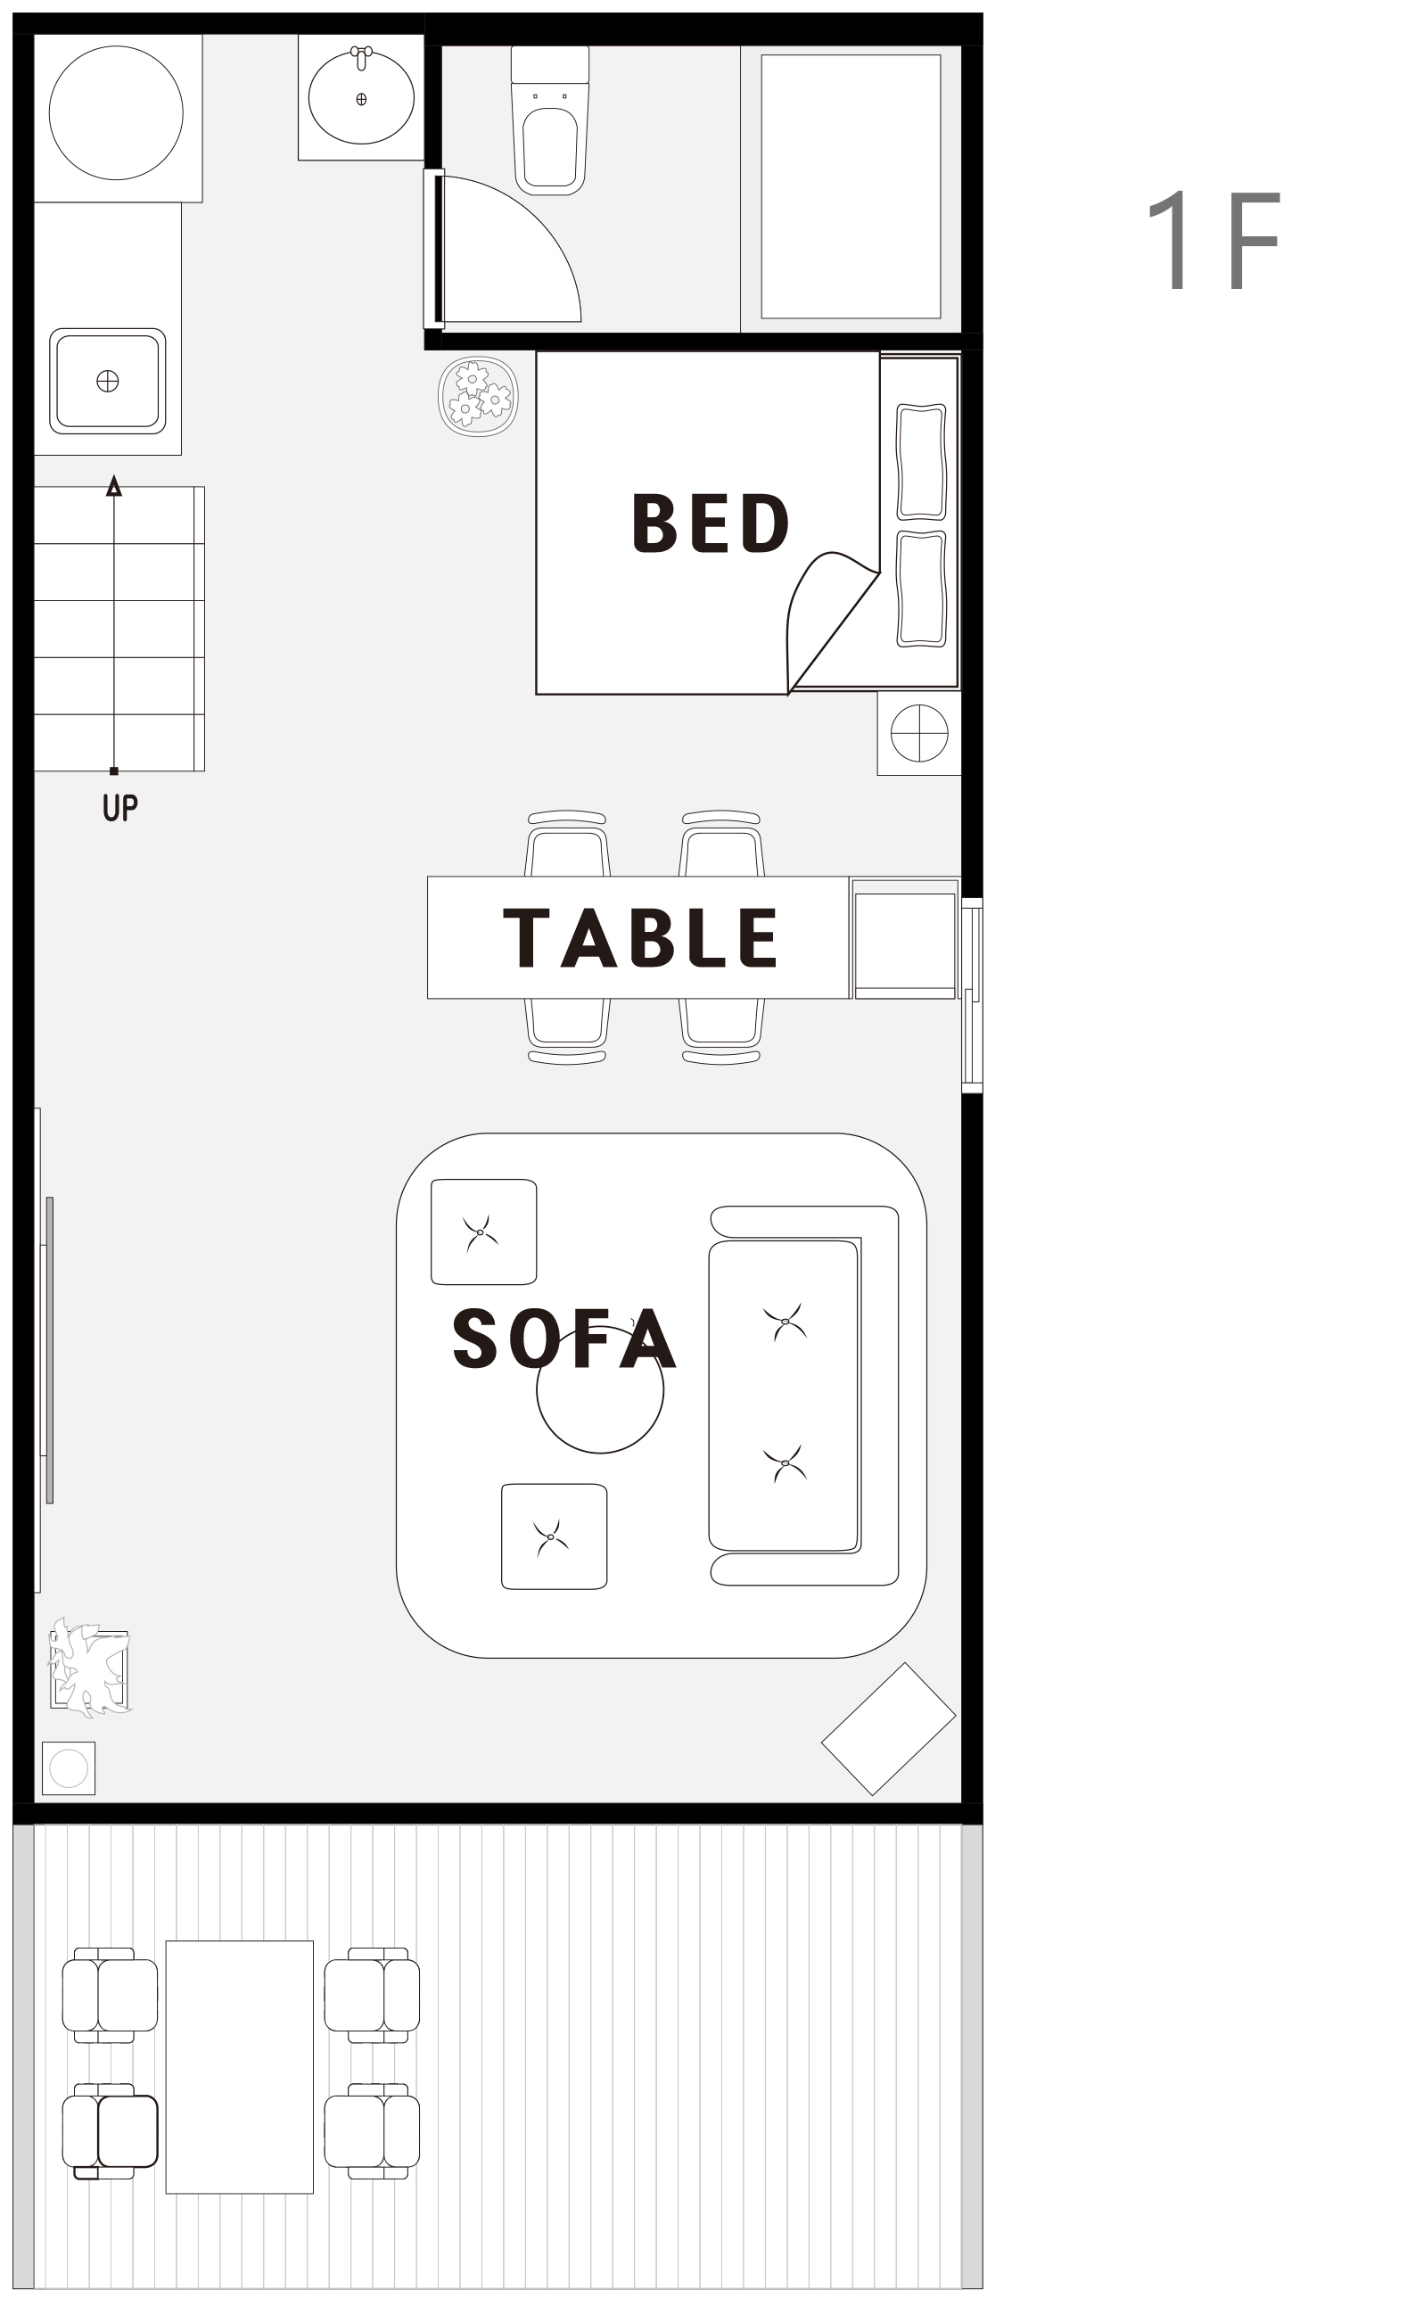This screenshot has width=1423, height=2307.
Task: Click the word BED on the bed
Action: tap(711, 523)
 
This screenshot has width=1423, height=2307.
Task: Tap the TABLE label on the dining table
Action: tap(641, 937)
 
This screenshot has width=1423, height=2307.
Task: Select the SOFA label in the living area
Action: tap(563, 1339)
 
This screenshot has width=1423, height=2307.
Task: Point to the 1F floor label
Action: tap(1214, 240)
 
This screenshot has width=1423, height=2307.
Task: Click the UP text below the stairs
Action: tap(119, 808)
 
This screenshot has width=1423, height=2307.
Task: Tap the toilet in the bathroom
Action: tap(549, 119)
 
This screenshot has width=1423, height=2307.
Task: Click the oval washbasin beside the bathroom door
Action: tap(361, 97)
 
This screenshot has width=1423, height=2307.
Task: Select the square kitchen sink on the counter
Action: tap(107, 381)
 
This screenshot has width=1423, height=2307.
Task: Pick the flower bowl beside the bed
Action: tap(478, 396)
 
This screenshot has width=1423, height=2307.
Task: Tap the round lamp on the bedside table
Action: tap(919, 733)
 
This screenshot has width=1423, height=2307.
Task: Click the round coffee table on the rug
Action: tap(599, 1389)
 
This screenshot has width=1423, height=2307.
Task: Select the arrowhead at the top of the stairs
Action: tap(114, 486)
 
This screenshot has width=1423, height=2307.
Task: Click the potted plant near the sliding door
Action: tap(89, 1668)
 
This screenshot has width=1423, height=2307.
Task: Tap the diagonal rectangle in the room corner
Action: tap(888, 1729)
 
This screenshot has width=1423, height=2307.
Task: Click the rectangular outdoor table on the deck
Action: tap(239, 2067)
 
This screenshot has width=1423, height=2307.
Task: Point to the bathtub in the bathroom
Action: tap(851, 186)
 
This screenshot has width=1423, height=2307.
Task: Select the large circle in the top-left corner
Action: tap(116, 113)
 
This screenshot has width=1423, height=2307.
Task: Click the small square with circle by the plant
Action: tap(69, 1768)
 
